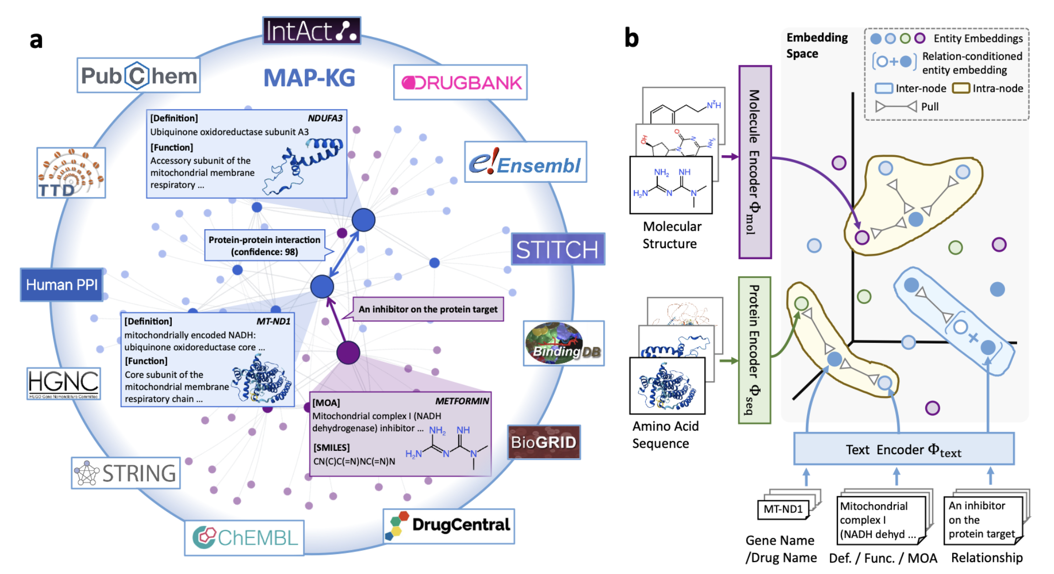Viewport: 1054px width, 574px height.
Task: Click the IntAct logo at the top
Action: click(x=311, y=31)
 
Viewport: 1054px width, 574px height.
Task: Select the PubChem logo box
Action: click(x=138, y=76)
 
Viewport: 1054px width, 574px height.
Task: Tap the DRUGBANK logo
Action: click(x=460, y=82)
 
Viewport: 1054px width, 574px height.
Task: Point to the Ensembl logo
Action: click(x=525, y=162)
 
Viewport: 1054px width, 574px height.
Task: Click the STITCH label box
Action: click(x=557, y=249)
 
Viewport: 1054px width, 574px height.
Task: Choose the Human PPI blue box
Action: click(x=61, y=285)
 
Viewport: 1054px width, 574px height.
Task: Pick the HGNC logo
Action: click(x=63, y=383)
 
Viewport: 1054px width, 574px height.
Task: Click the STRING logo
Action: click(x=126, y=473)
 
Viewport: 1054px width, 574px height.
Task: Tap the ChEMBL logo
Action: click(x=244, y=538)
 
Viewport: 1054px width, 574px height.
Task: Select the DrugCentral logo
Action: click(x=449, y=526)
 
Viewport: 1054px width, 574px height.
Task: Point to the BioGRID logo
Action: click(x=543, y=442)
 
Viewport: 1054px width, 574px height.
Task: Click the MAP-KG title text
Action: click(x=309, y=78)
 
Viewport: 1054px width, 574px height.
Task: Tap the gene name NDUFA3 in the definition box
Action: click(x=325, y=118)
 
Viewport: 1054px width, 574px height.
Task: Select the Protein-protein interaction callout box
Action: click(x=264, y=246)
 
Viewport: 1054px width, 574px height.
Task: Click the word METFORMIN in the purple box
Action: click(x=462, y=401)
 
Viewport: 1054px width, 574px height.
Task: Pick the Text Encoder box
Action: click(x=903, y=449)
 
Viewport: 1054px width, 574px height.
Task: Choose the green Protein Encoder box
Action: click(x=754, y=350)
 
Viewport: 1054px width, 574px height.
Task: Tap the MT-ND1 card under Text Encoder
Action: click(x=783, y=509)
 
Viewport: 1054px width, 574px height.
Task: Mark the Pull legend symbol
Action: click(x=896, y=106)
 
